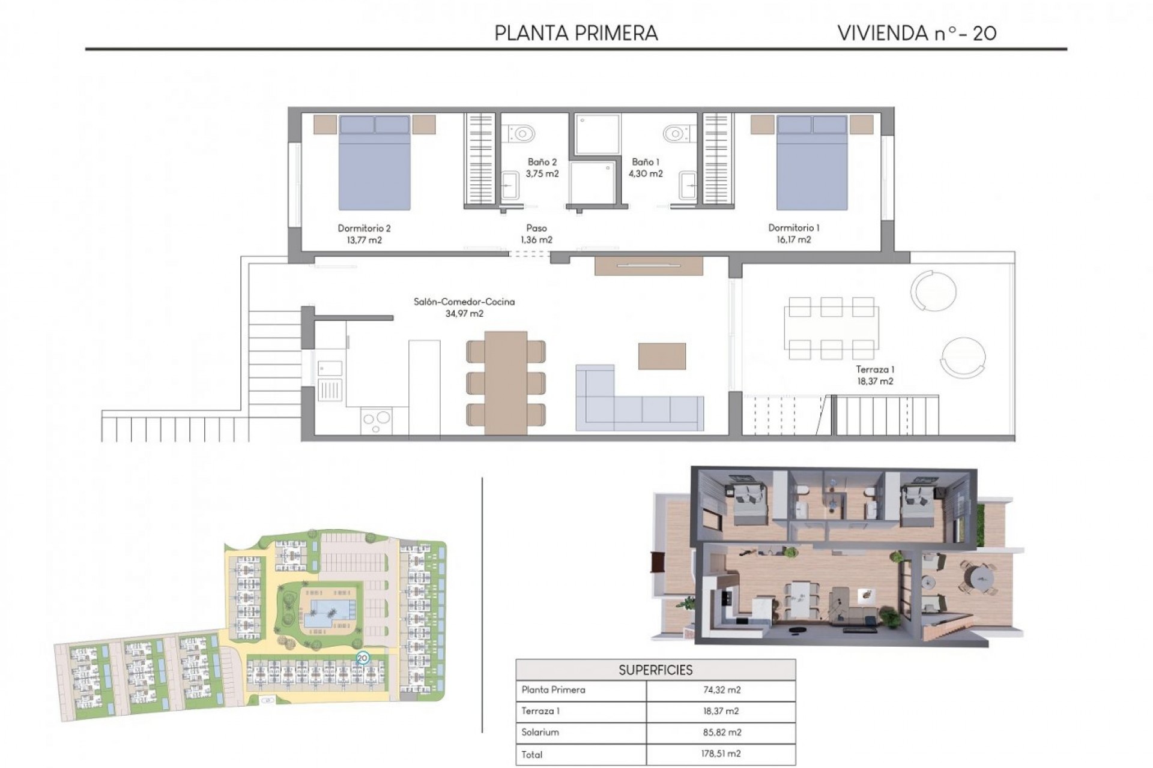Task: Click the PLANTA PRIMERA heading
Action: (576, 33)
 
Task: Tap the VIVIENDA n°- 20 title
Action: (916, 33)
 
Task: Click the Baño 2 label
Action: (542, 162)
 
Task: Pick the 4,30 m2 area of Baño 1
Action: (646, 174)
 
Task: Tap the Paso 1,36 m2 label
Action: (536, 234)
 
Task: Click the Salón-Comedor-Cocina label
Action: (464, 302)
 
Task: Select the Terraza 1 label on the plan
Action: (874, 370)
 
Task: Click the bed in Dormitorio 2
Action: (375, 163)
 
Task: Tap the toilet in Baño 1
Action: (677, 133)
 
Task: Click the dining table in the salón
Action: (506, 382)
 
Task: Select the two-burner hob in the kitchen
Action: (377, 421)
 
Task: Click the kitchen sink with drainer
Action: (330, 381)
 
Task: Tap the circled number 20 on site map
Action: (362, 658)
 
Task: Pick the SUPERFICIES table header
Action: (655, 670)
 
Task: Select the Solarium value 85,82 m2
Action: (721, 733)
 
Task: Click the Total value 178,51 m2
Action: (721, 754)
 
